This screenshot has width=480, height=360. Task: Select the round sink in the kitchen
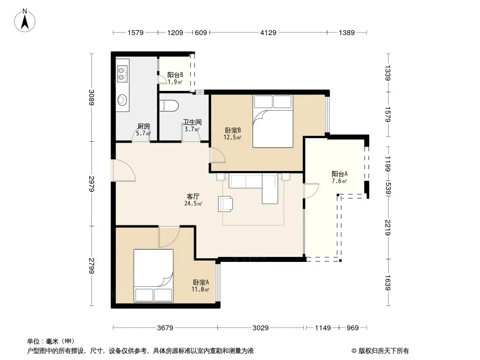click(x=122, y=100)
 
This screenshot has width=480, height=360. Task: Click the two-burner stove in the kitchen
click(x=122, y=74)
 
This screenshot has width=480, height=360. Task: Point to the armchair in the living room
click(x=225, y=204)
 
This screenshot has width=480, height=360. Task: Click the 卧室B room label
click(x=233, y=130)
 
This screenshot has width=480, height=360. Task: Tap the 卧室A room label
click(x=201, y=282)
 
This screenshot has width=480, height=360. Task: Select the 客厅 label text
click(x=193, y=196)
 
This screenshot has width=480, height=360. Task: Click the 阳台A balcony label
click(x=340, y=174)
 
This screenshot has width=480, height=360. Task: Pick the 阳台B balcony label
click(x=175, y=75)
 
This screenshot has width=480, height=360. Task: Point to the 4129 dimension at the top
click(x=268, y=32)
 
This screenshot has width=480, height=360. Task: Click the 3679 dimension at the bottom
click(x=165, y=328)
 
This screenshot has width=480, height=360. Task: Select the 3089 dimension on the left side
click(x=91, y=97)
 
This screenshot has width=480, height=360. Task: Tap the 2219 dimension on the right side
click(x=388, y=228)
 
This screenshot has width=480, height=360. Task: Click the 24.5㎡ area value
click(x=193, y=203)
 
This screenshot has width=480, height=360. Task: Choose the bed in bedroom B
click(x=273, y=121)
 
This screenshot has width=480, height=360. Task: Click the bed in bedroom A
click(x=154, y=275)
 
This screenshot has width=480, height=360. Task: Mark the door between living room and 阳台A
click(x=311, y=191)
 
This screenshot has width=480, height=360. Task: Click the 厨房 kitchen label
click(x=144, y=126)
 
